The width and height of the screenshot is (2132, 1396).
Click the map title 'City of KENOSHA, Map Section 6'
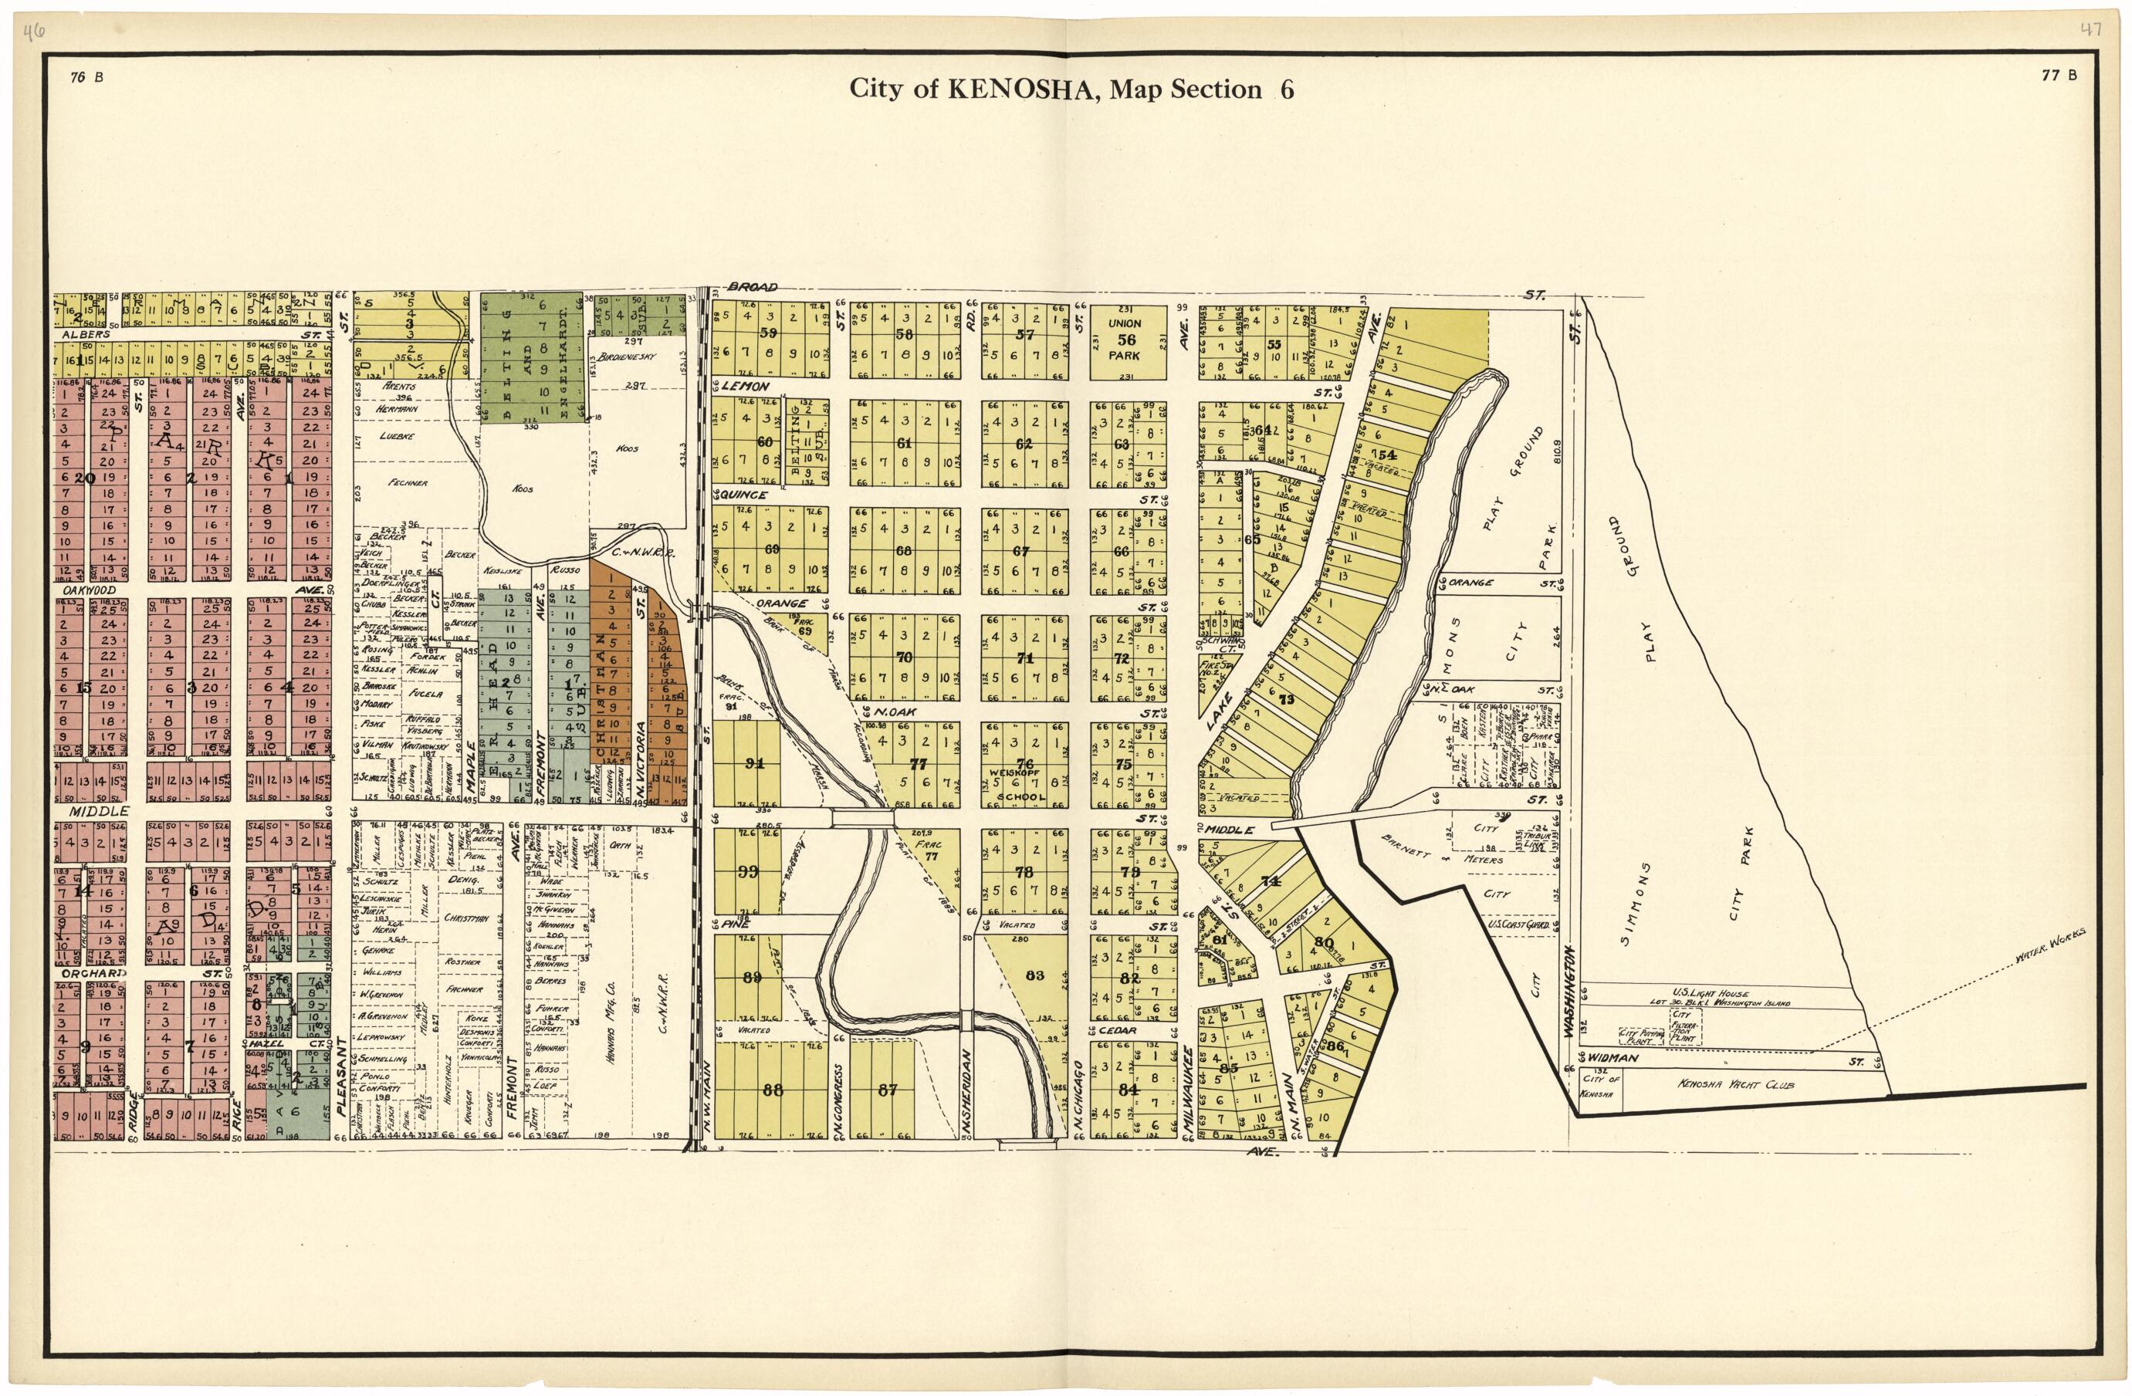click(x=1071, y=90)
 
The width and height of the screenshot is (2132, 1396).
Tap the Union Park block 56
click(x=1126, y=340)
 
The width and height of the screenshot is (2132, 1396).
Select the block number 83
click(x=1034, y=976)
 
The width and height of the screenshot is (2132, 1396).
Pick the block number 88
click(x=772, y=1090)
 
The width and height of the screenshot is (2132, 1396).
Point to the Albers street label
click(x=85, y=335)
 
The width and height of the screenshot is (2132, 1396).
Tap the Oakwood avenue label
click(x=88, y=591)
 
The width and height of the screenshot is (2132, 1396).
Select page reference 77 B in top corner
click(x=2059, y=76)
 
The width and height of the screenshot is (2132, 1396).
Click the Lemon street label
click(x=746, y=387)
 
